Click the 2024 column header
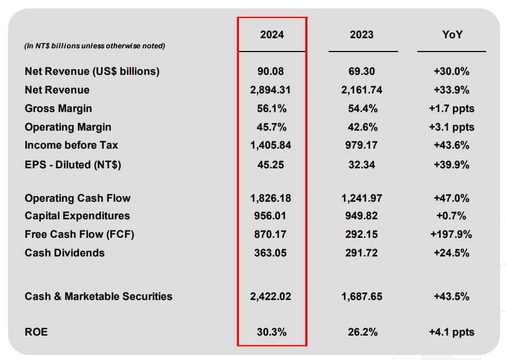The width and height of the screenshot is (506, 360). pos(272,35)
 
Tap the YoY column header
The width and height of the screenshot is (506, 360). pos(451,35)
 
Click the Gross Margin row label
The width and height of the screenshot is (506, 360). pos(58,108)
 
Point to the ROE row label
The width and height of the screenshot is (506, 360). pos(36,332)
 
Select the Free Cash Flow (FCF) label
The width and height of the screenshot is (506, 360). pos(80,234)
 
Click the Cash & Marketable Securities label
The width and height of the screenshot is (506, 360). pos(98,296)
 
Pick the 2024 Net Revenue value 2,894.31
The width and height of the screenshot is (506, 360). pos(271,90)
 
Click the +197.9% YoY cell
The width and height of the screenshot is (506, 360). pos(451,234)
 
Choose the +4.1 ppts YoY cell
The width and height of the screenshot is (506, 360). pos(451,332)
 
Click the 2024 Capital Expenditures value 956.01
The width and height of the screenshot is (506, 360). pos(271,216)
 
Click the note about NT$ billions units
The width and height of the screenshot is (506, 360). pos(95,46)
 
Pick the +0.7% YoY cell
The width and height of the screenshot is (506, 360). pos(451,216)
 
